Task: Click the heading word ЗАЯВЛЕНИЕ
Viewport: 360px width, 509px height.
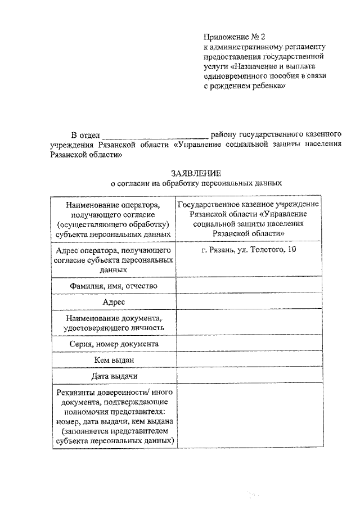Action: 196,173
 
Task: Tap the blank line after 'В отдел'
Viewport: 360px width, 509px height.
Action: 155,136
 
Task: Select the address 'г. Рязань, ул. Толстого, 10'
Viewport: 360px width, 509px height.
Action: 248,249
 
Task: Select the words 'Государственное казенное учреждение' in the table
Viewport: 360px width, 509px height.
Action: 248,204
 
